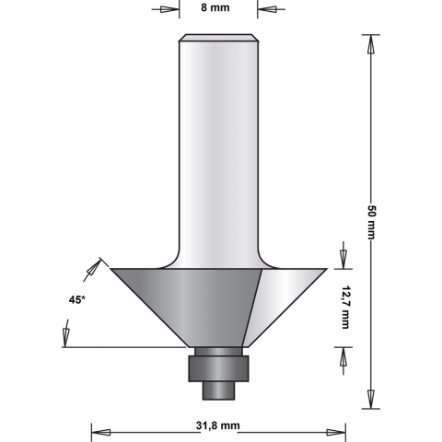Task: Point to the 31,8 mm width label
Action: coord(218,425)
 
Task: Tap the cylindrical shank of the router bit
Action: coord(218,147)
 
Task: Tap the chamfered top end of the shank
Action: coord(218,39)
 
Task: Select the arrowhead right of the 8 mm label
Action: coord(267,11)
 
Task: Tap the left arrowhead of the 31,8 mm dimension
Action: coord(99,431)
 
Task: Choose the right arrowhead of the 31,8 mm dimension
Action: coord(340,431)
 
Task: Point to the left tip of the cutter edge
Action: coord(110,268)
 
